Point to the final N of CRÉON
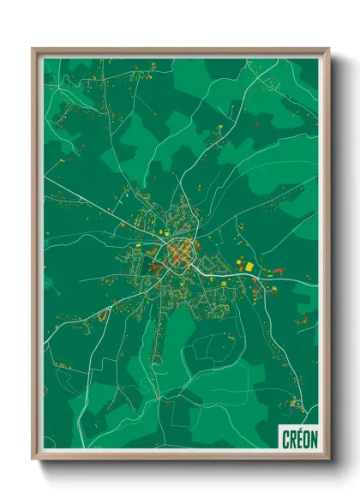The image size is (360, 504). click(314, 440)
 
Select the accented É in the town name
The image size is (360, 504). click(300, 439)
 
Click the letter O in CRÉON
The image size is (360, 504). click(307, 440)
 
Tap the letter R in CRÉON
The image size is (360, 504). click(293, 440)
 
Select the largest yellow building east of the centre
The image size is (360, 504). click(249, 267)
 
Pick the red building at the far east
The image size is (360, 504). click(277, 272)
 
